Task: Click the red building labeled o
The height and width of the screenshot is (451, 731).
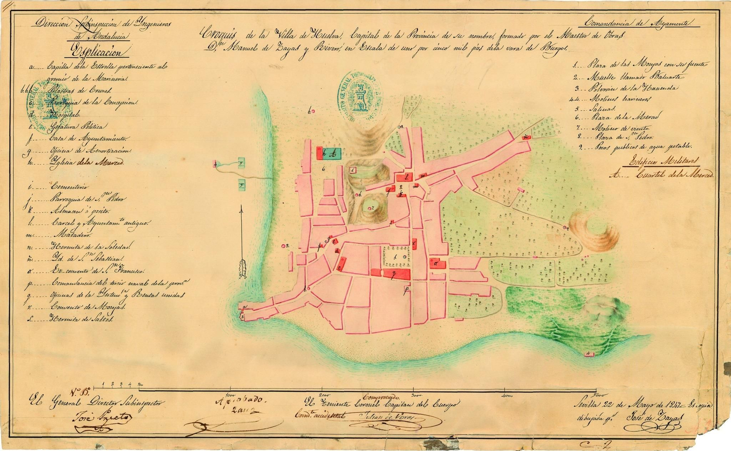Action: coord(436,263)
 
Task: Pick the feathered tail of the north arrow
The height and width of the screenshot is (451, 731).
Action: coord(243,270)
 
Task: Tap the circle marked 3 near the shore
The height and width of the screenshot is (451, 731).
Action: coord(284,246)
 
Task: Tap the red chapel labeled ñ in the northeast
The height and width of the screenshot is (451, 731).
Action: coord(527,136)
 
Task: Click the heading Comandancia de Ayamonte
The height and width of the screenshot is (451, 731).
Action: coord(637,23)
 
